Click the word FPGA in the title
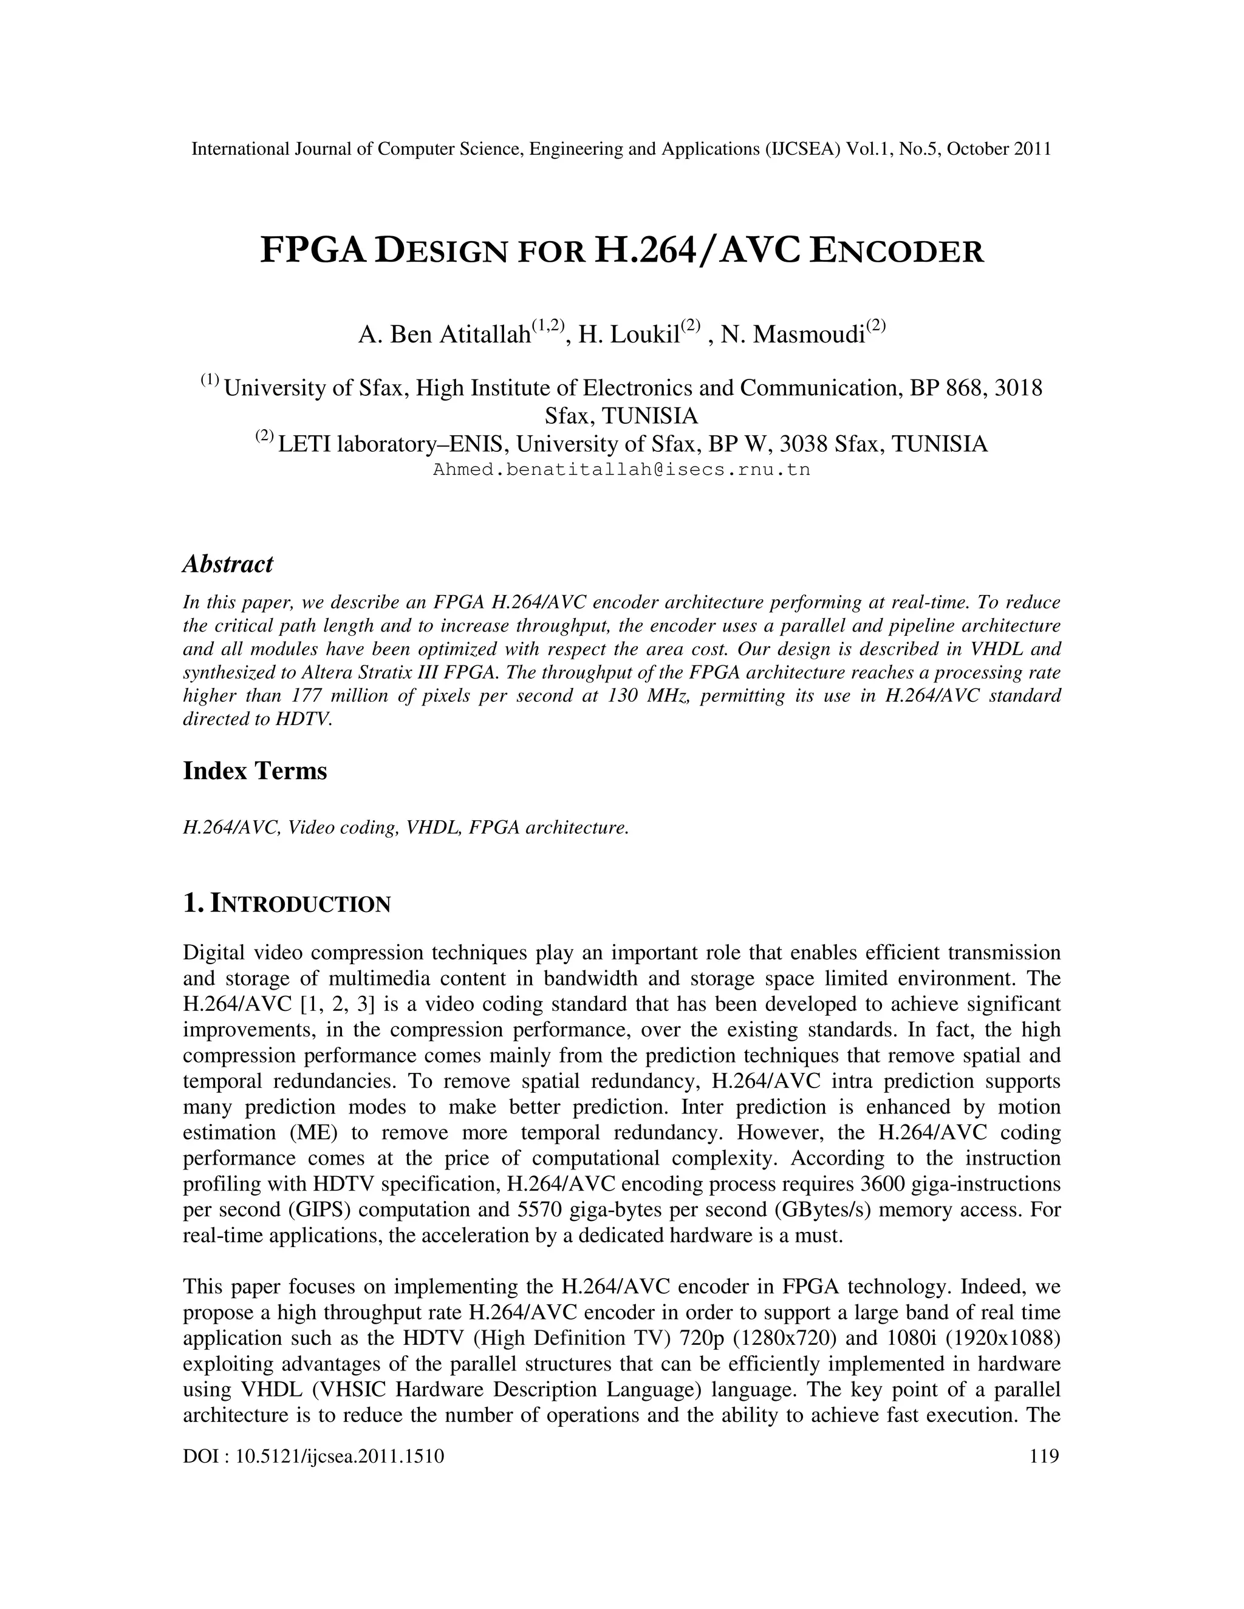[x=313, y=251]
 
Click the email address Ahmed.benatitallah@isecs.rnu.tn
[x=621, y=470]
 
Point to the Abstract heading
[x=228, y=564]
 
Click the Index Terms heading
[x=255, y=771]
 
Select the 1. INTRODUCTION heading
[x=287, y=904]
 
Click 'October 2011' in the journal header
[x=999, y=149]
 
